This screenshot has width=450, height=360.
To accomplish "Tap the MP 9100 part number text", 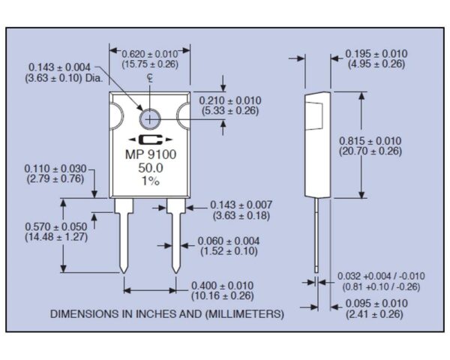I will point(149,157).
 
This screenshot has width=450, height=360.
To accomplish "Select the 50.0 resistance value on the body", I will point(149,170).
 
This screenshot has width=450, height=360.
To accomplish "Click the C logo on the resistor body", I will point(149,142).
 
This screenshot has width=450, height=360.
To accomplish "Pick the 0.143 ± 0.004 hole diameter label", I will point(57,66).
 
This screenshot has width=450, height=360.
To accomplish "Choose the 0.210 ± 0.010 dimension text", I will point(230,101).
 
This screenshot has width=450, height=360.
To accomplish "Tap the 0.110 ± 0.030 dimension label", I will point(55,169).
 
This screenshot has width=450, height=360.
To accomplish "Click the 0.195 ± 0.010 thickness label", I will point(376,53).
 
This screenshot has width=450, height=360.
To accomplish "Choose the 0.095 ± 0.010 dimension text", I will point(376,303).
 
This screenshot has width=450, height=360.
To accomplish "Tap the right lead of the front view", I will point(176,236).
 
